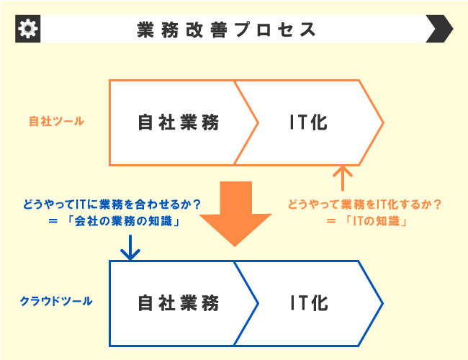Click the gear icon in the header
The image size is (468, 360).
point(28,29)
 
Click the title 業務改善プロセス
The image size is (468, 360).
point(226,30)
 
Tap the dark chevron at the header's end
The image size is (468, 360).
point(439,29)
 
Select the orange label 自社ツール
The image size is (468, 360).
point(56,122)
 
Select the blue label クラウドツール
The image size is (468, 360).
point(56,301)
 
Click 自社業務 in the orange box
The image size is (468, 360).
point(179,122)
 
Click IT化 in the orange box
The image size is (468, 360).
point(309,122)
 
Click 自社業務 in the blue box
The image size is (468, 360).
point(179,303)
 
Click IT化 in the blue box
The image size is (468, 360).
point(309,303)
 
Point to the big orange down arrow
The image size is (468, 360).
point(235,213)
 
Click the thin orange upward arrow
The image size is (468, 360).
point(343,179)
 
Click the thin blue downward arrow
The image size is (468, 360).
point(130,248)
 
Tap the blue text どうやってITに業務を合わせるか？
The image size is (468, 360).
point(112,204)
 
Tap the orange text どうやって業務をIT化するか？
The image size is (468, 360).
point(365,204)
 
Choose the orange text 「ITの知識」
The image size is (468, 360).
point(376,221)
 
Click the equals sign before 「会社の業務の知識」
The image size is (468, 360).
point(53,221)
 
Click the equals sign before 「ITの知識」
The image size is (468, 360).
point(330,221)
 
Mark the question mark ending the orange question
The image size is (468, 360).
point(437,204)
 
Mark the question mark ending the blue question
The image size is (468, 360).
point(197,204)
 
